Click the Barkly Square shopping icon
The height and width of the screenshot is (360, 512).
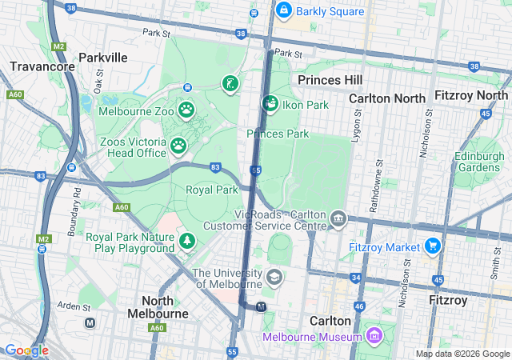click(x=283, y=10)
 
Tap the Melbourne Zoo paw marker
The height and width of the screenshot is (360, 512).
click(x=186, y=109)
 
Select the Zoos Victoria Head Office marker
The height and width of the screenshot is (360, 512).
click(x=178, y=146)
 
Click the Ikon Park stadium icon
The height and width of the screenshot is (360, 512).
click(x=270, y=104)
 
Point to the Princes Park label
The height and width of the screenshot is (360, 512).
click(x=278, y=134)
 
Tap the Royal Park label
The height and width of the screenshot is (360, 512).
click(x=212, y=190)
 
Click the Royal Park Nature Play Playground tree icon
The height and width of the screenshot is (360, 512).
click(x=187, y=240)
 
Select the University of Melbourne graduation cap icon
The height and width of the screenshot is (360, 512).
click(x=274, y=278)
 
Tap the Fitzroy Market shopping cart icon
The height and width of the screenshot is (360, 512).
click(x=433, y=246)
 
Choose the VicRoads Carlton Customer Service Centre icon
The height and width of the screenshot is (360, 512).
click(x=338, y=218)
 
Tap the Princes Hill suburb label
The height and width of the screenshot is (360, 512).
click(x=330, y=80)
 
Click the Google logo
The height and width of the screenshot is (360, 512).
click(x=26, y=350)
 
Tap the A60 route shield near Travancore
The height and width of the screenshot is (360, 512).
click(x=15, y=94)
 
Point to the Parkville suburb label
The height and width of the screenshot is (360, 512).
click(x=103, y=58)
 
